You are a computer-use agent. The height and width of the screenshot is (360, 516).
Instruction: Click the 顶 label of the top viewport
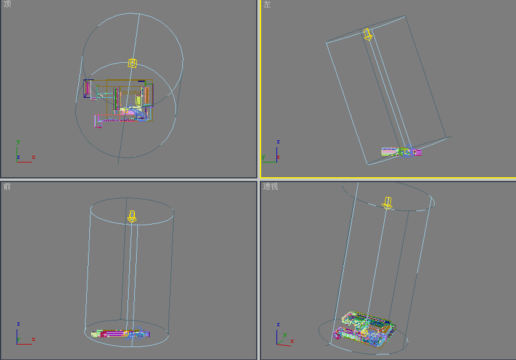click(7, 4)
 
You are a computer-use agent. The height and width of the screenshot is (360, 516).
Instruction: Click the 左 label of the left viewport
click(267, 4)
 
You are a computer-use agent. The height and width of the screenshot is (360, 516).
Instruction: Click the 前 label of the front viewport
click(7, 186)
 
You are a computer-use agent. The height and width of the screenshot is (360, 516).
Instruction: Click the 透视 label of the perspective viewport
click(270, 186)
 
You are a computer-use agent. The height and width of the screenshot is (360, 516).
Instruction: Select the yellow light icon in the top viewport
click(132, 63)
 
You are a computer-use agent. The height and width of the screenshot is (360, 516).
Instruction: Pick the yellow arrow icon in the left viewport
click(368, 34)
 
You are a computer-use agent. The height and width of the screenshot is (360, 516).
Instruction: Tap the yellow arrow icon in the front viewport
click(132, 217)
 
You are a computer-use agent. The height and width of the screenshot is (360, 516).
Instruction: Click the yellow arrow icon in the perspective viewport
click(387, 203)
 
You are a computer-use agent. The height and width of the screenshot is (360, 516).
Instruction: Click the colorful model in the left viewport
click(401, 151)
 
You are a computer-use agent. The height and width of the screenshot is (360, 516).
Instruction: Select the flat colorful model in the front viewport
click(121, 334)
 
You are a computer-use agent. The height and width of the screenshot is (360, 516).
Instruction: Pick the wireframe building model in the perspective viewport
click(364, 329)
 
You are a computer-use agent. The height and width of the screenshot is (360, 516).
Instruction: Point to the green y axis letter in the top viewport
click(18, 142)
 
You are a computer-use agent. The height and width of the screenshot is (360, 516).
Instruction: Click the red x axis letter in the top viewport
click(33, 157)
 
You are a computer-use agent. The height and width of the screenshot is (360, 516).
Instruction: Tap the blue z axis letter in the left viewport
click(278, 142)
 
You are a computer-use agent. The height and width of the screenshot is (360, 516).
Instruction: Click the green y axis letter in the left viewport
click(264, 157)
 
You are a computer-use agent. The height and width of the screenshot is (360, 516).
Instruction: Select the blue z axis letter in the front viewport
click(18, 324)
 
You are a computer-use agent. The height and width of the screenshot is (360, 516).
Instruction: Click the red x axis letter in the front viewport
click(33, 339)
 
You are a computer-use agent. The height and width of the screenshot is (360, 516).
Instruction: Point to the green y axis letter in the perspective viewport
click(285, 335)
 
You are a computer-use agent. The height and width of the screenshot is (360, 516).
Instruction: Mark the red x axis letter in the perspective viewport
click(292, 341)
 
